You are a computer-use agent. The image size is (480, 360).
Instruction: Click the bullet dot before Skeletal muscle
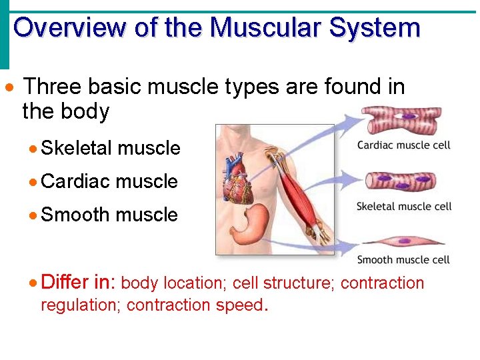(x=35, y=148)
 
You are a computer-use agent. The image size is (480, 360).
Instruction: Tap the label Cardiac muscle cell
(x=404, y=145)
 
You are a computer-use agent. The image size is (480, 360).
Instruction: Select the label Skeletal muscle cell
(x=404, y=206)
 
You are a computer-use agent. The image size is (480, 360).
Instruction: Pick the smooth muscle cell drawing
(x=402, y=241)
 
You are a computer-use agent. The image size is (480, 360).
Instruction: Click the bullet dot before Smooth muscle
(x=35, y=215)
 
